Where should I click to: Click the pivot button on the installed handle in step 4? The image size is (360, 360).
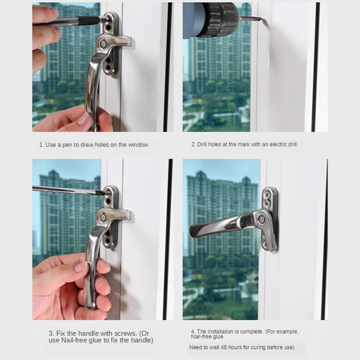pos(262,220)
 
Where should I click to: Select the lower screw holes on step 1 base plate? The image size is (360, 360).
pos(109,67)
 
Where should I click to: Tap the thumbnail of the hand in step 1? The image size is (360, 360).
pos(83,119)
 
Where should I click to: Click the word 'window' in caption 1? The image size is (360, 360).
pos(137,145)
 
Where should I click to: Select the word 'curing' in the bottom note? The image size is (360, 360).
pos(261,347)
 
